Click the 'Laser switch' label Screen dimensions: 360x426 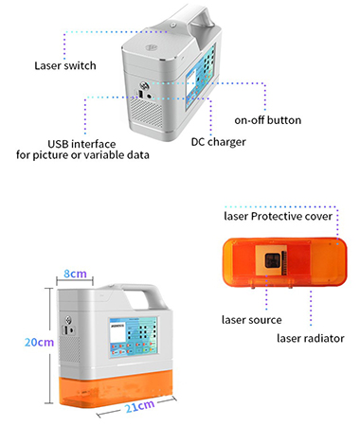click(x=65, y=65)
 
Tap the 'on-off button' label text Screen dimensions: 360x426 click(x=268, y=120)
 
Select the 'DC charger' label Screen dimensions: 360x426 click(x=219, y=142)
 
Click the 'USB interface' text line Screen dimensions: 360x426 click(x=81, y=144)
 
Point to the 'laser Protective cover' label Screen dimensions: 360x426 click(x=279, y=217)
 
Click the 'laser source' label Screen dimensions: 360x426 click(x=252, y=320)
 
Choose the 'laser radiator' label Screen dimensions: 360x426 click(x=311, y=338)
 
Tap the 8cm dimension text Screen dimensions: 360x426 click(x=75, y=274)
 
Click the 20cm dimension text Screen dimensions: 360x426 click(x=39, y=343)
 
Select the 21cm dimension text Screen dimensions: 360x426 click(x=139, y=406)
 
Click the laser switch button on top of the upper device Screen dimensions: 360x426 click(x=172, y=25)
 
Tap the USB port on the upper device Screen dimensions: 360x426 click(x=140, y=95)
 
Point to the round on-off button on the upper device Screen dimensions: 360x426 click(x=144, y=85)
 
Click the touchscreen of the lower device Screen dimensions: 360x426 click(x=134, y=337)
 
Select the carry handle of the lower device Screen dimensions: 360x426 click(x=139, y=293)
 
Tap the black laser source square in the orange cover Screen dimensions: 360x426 click(x=272, y=260)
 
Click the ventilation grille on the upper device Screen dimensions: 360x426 click(x=146, y=111)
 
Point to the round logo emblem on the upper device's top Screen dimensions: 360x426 click(x=152, y=48)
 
